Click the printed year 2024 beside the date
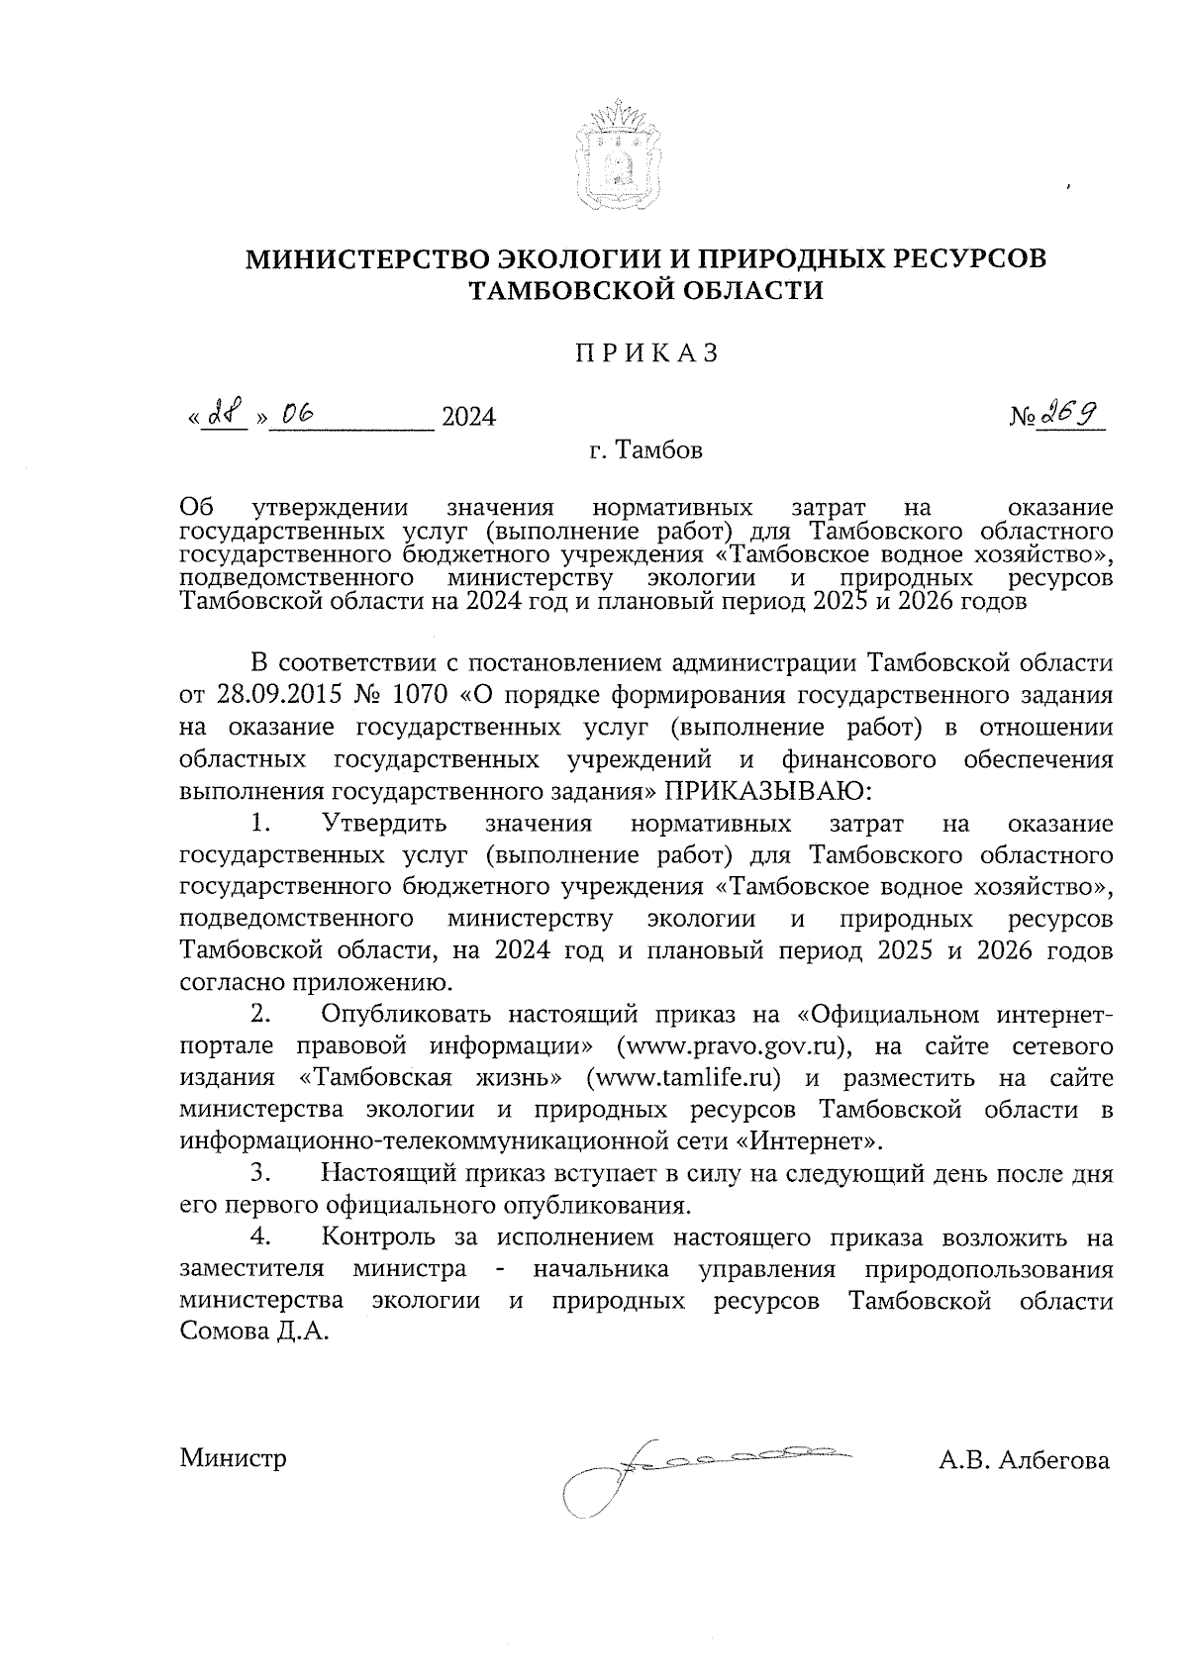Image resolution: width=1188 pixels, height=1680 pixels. (468, 418)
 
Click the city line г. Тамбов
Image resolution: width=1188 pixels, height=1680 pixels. (645, 451)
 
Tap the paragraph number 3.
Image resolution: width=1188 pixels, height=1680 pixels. (259, 1174)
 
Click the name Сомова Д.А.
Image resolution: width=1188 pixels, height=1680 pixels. (253, 1333)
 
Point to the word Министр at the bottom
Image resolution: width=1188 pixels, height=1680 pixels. (234, 1459)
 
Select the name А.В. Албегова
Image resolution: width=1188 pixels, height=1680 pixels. (1025, 1460)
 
